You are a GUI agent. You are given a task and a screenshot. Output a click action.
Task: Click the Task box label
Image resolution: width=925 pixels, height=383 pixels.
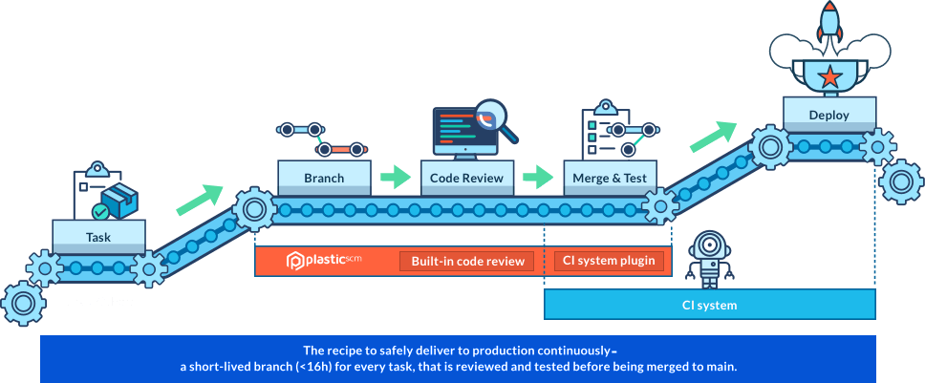(98, 236)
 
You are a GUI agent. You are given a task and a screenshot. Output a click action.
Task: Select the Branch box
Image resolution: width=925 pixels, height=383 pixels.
(324, 178)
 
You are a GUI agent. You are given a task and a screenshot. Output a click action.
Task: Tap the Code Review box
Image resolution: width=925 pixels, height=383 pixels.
(467, 178)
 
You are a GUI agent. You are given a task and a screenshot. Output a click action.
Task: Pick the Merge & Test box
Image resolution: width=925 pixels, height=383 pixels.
(611, 178)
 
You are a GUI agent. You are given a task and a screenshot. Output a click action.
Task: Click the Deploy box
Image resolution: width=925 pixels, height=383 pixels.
(828, 116)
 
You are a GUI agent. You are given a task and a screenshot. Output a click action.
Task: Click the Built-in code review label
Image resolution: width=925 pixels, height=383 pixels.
(467, 261)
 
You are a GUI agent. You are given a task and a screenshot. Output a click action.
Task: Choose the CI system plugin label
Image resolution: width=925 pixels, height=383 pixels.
(609, 261)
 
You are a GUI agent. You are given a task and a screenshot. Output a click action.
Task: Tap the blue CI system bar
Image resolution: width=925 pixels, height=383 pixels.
(709, 306)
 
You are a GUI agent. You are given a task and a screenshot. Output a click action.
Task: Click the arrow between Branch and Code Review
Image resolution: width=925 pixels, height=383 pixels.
(395, 178)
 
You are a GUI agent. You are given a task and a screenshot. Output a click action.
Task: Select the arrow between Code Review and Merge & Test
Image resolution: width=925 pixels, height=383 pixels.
(539, 178)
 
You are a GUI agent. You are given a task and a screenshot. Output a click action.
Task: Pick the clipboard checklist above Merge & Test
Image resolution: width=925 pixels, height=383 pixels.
(602, 134)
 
